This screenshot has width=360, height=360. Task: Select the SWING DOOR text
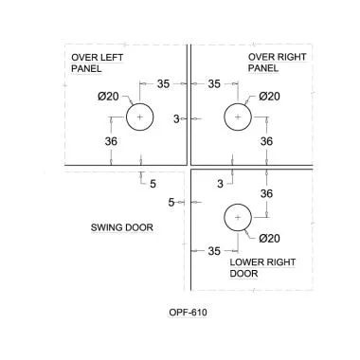click(122, 227)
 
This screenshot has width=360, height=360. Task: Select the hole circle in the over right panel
click(238, 117)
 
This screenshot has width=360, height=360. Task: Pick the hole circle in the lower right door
click(238, 218)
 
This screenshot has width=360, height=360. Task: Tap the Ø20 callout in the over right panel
click(269, 96)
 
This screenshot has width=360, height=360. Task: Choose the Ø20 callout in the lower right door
click(269, 238)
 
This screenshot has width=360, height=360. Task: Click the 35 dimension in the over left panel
click(163, 84)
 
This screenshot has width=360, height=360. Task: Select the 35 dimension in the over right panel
click(215, 84)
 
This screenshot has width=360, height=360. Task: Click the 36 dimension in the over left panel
click(112, 142)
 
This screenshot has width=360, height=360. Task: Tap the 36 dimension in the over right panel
click(267, 141)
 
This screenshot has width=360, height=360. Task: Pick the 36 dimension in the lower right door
click(267, 193)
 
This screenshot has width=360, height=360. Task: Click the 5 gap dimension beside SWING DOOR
click(171, 203)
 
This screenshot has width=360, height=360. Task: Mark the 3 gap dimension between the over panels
click(177, 117)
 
